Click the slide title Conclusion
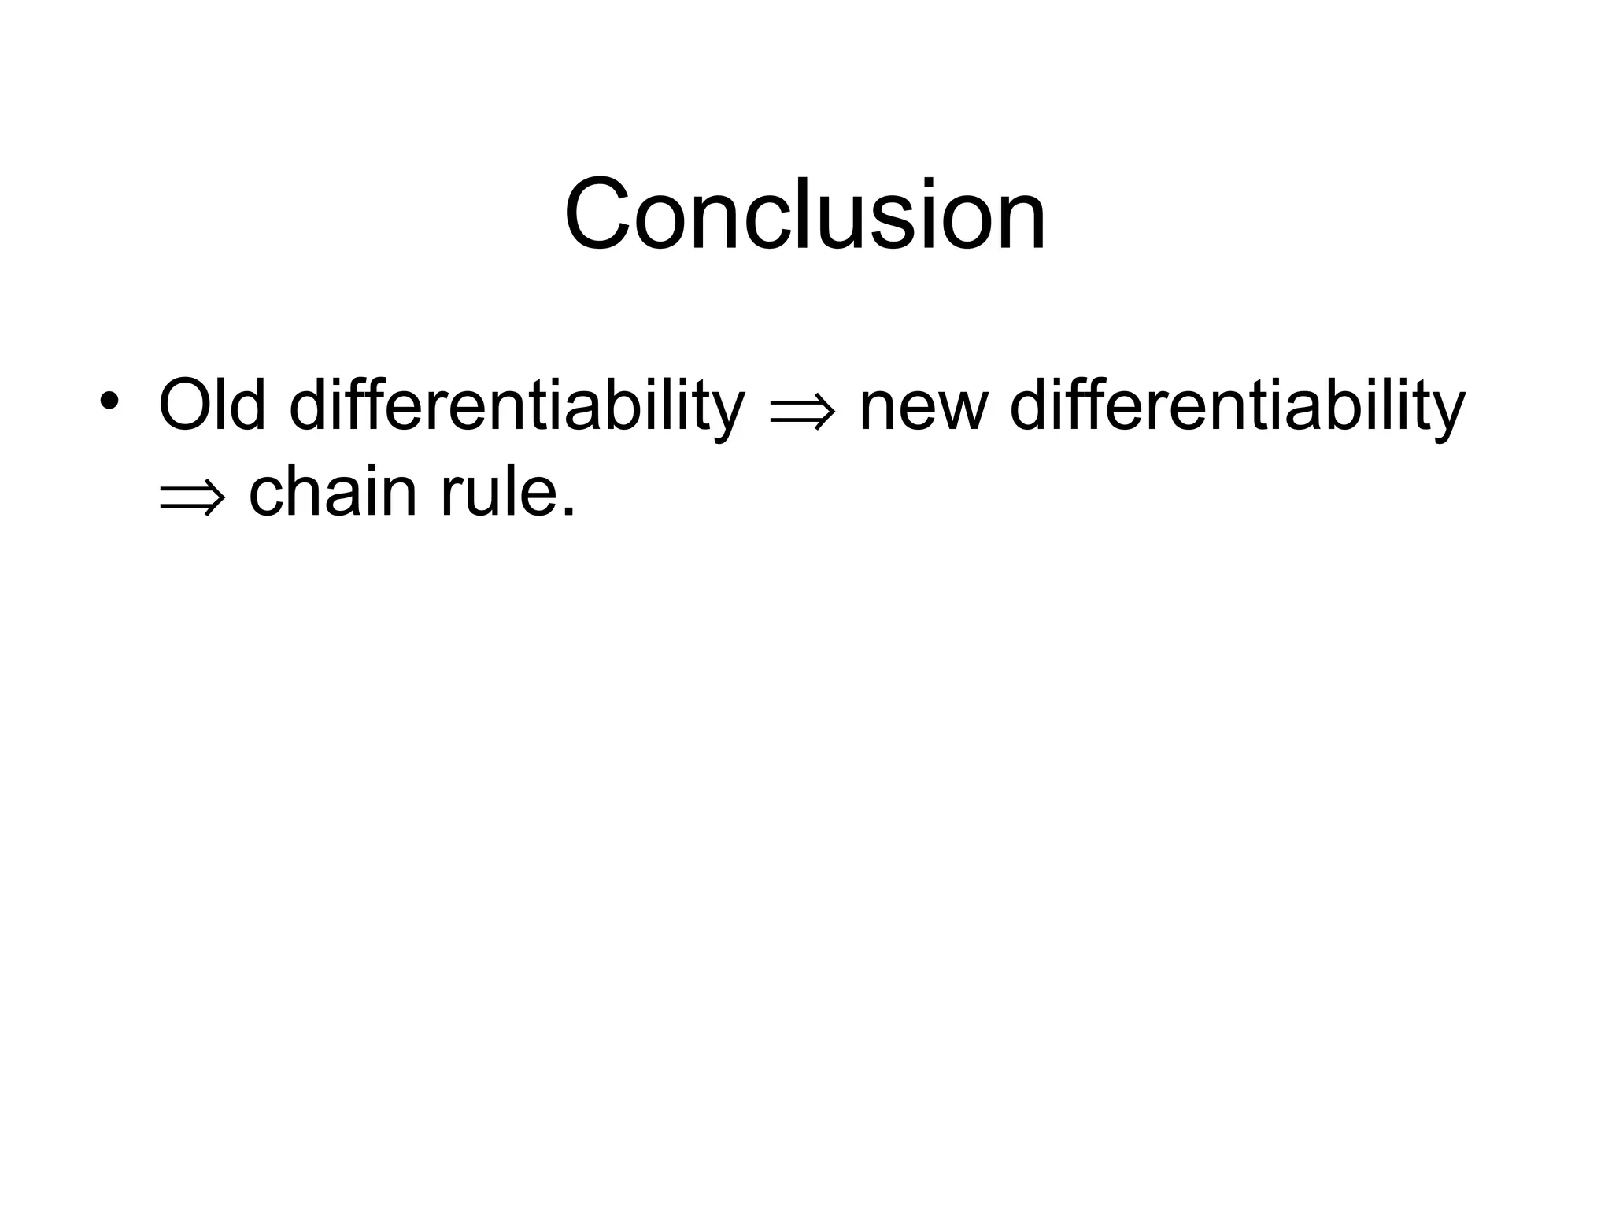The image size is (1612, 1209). [x=805, y=214]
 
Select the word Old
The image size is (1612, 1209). [x=212, y=405]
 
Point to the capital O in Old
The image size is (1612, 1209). [x=186, y=405]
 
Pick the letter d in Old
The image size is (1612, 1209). [x=250, y=405]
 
